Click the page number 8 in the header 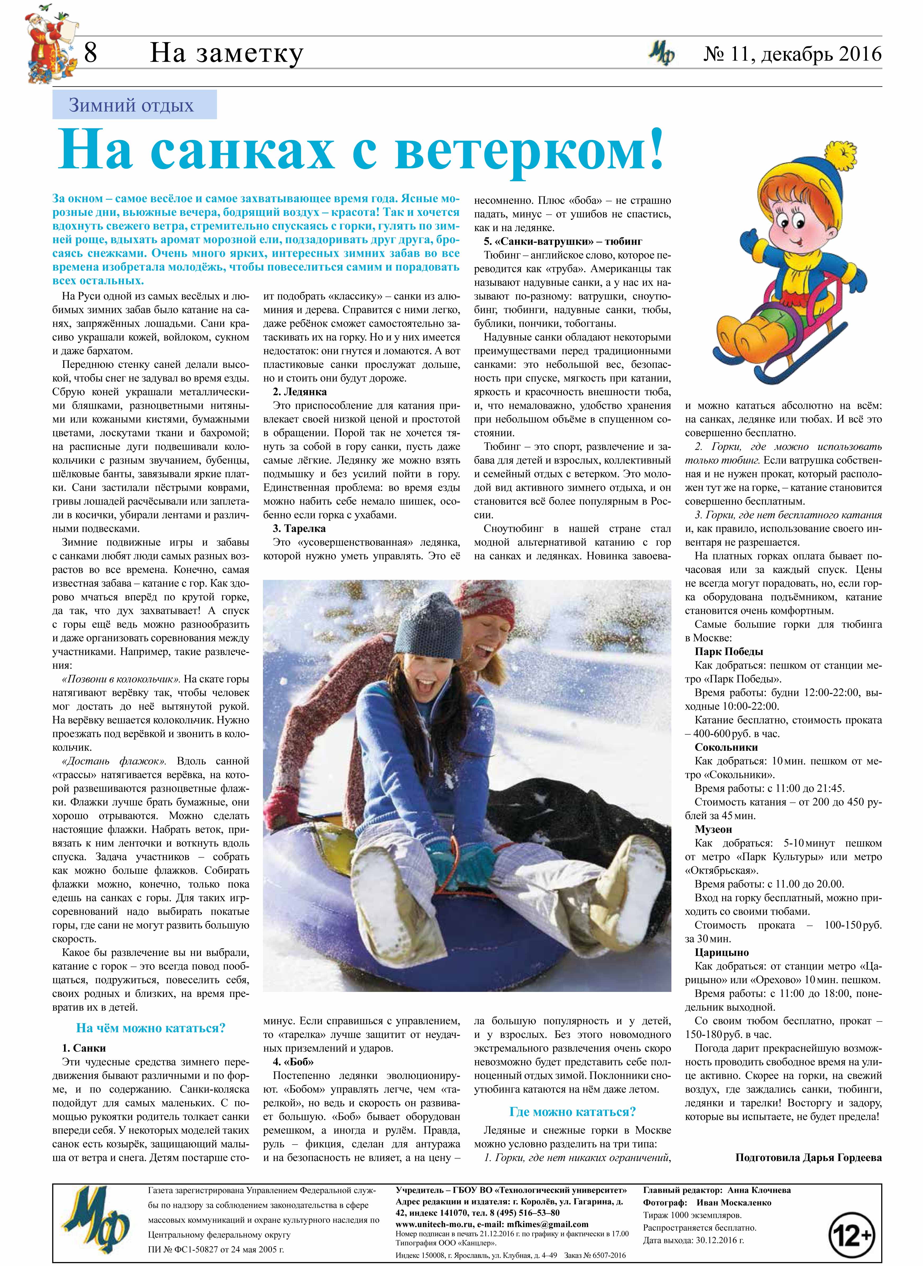coord(90,54)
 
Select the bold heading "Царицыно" coord(722,952)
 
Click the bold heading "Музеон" coord(713,829)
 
